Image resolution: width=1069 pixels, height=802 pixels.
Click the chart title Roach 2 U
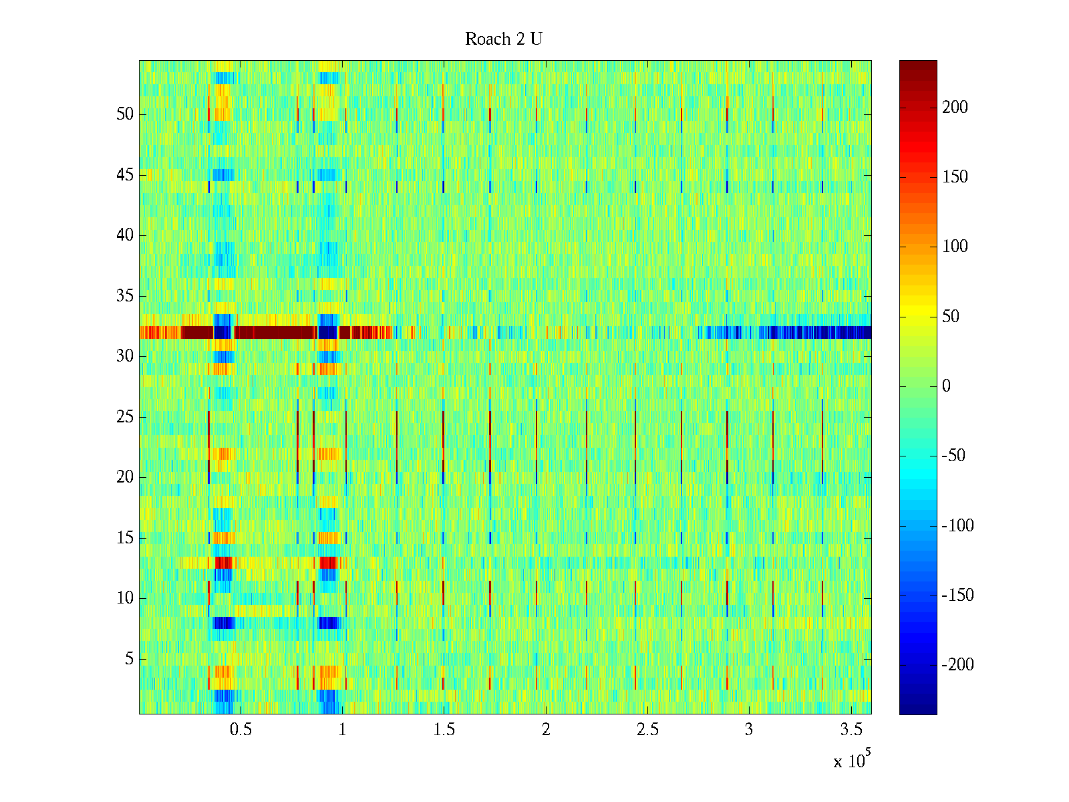[x=503, y=39]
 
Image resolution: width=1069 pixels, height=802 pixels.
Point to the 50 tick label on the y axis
[x=125, y=114]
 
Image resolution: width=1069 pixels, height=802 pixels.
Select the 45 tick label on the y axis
[x=125, y=175]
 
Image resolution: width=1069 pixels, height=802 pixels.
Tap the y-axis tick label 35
[x=125, y=296]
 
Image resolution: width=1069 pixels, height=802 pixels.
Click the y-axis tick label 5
[x=129, y=659]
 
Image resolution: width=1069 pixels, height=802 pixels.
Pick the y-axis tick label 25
[x=125, y=417]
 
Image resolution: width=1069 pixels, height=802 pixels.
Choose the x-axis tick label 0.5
[x=241, y=730]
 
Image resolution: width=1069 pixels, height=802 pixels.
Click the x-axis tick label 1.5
[x=444, y=730]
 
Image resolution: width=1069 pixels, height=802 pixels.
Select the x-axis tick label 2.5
[x=647, y=730]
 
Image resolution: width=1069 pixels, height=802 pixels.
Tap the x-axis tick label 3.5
[x=851, y=730]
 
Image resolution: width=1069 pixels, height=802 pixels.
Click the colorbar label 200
[x=955, y=108]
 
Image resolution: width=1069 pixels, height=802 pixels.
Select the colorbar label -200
[x=957, y=665]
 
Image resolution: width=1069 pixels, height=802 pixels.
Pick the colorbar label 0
[x=946, y=386]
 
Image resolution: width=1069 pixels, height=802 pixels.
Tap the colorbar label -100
[x=957, y=526]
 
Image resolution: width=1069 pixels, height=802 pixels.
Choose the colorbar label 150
[x=955, y=177]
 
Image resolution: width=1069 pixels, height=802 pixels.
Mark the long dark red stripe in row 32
[x=274, y=332]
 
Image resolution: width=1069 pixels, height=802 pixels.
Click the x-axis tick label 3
[x=748, y=730]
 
